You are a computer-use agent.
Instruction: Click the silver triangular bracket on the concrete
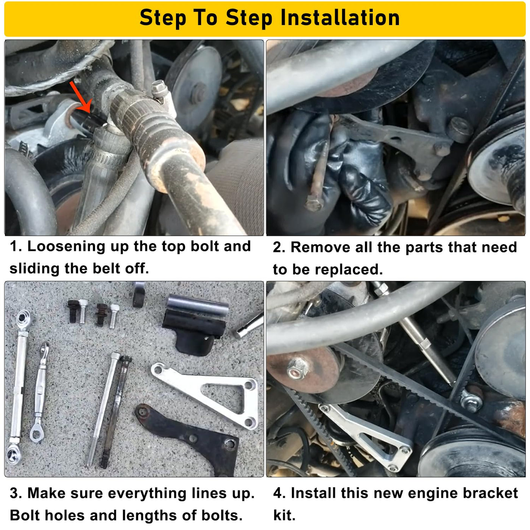pos(209,394)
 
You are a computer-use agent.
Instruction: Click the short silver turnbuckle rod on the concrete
pos(40,392)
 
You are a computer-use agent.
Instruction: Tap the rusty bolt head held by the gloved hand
pos(314,204)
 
